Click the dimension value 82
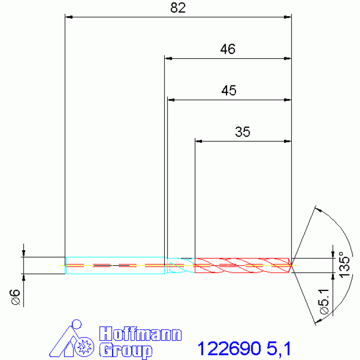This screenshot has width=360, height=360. pos(178,8)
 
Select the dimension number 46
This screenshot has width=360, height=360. pos(228,49)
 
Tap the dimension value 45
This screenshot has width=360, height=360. pos(229,91)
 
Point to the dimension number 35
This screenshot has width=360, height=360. pos(243,132)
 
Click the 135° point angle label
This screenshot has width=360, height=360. pos(345,264)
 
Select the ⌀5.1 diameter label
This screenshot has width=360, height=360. pos(324,301)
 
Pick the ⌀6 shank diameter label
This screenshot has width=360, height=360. pos(15,297)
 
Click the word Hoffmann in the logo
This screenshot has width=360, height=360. pos(140,334)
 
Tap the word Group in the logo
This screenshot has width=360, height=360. pos(126,350)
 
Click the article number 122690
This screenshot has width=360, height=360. pos(229,349)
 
